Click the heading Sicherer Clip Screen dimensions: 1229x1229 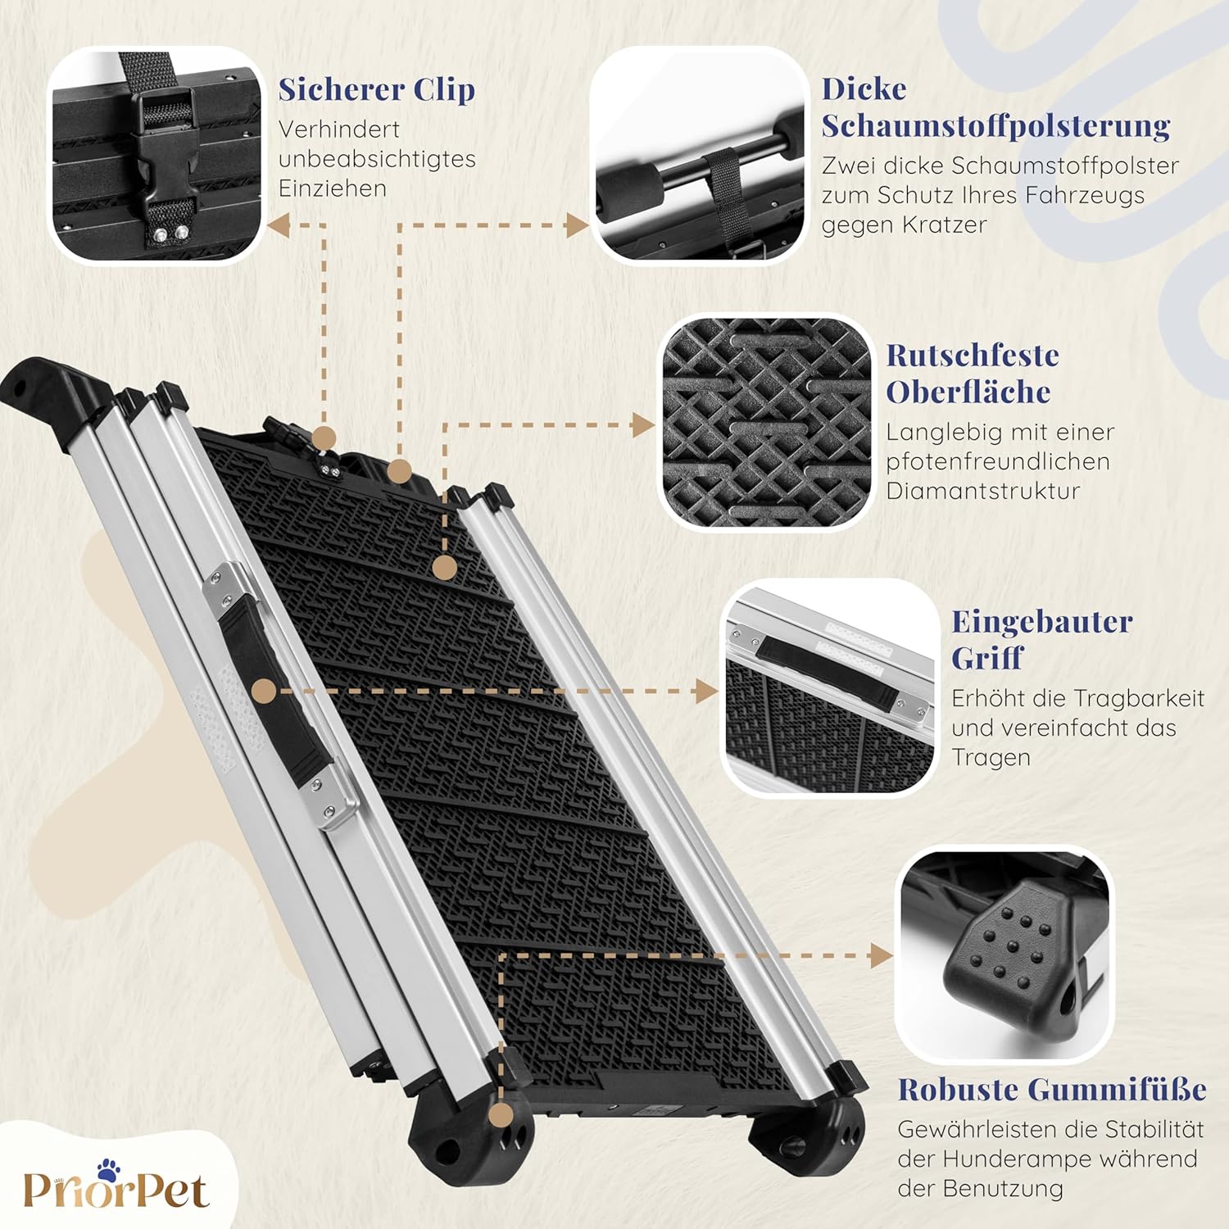(x=377, y=89)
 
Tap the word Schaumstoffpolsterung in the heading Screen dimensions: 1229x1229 (x=995, y=126)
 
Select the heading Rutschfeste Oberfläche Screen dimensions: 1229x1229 (x=973, y=374)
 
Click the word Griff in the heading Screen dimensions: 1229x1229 (x=976, y=657)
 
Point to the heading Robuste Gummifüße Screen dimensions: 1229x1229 (x=1052, y=1090)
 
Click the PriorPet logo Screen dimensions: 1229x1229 (x=116, y=1185)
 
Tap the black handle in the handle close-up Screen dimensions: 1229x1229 (x=828, y=668)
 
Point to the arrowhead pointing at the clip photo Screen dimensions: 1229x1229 (x=279, y=225)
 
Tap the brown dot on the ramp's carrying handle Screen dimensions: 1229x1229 (x=264, y=692)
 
